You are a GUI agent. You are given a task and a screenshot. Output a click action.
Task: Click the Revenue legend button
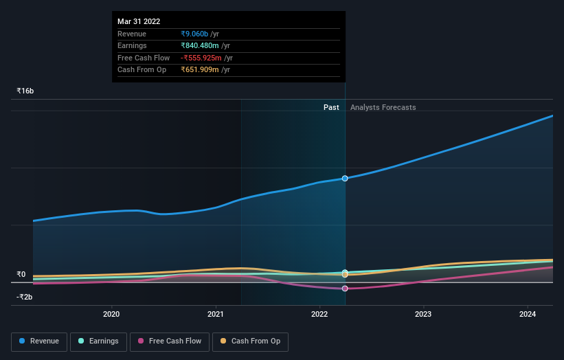(x=39, y=341)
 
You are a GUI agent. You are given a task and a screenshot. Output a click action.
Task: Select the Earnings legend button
(x=98, y=341)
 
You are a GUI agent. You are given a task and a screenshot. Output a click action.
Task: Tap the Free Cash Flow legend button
(x=168, y=341)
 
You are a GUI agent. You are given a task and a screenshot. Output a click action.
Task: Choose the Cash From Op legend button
(x=251, y=341)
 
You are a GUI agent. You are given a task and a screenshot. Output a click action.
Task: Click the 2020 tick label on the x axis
(x=111, y=315)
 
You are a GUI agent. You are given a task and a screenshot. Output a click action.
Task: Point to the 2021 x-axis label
(x=216, y=315)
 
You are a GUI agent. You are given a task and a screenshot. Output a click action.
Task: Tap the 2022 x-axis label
(x=319, y=315)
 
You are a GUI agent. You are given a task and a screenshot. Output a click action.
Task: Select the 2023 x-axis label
(x=423, y=315)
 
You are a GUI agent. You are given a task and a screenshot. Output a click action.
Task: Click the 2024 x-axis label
(x=528, y=315)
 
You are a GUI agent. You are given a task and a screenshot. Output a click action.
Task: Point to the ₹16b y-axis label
(x=25, y=91)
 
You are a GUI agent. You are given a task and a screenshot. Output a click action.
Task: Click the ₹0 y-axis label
(x=21, y=275)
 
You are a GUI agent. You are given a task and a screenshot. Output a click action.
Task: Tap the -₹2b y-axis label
(x=25, y=297)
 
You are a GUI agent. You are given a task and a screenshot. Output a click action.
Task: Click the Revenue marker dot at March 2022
(x=345, y=179)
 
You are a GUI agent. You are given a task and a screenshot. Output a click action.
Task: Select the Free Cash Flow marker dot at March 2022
(x=345, y=289)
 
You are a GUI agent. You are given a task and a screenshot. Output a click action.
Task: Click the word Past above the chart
(x=331, y=107)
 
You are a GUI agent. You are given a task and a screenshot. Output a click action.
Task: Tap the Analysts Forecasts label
(x=383, y=107)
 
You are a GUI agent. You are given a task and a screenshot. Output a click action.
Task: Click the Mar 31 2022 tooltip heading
(x=139, y=21)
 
